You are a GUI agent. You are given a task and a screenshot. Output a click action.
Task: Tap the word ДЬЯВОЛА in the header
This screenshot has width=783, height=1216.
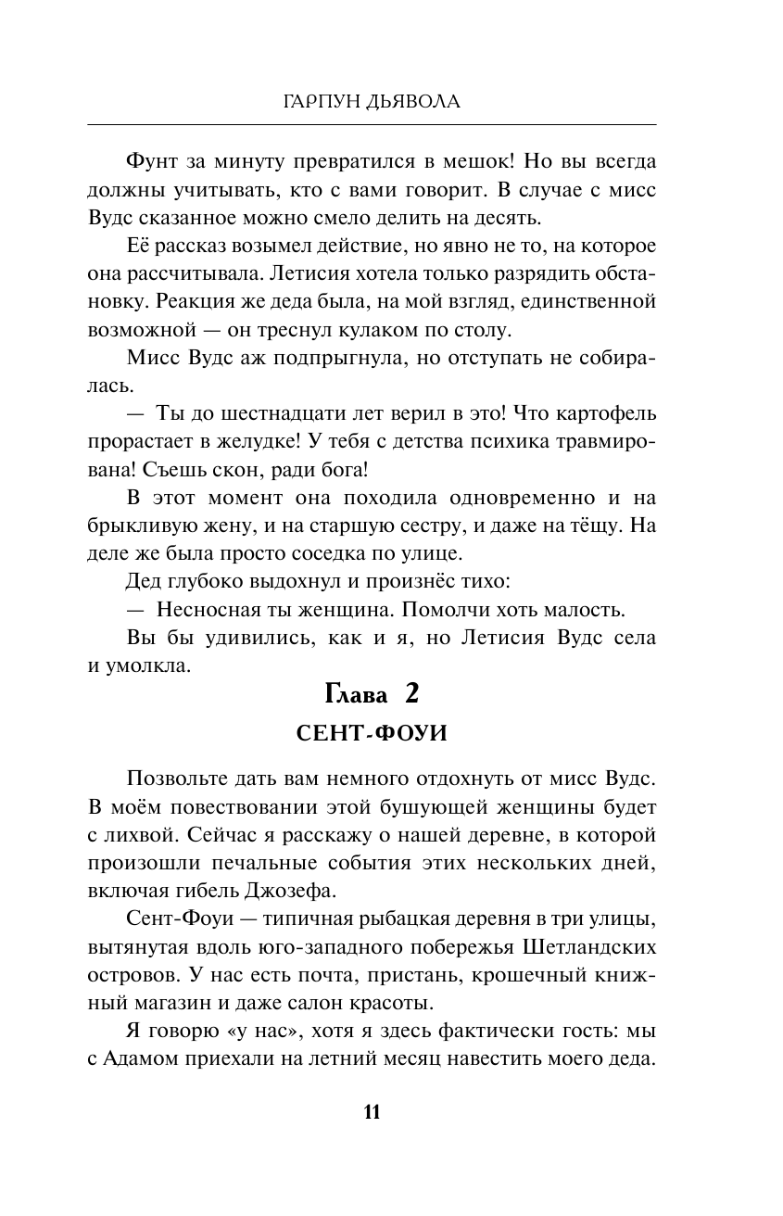413,101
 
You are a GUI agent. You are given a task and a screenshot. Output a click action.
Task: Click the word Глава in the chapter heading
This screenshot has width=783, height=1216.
359,694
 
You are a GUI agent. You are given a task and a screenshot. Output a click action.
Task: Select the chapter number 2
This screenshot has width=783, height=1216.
412,694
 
